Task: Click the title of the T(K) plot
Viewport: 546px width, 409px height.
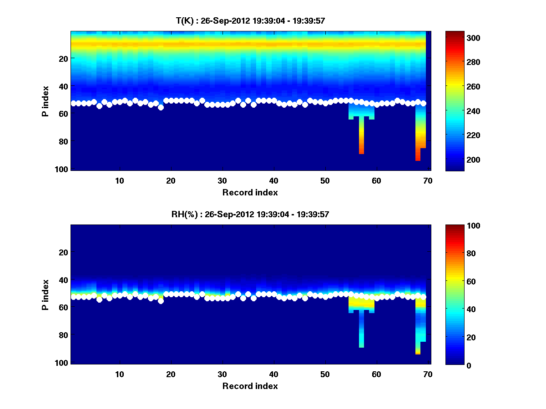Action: (250, 20)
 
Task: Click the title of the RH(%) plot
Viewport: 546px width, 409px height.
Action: (250, 214)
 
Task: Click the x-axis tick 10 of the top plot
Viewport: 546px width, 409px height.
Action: (119, 180)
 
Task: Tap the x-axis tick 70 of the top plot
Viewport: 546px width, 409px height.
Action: (428, 180)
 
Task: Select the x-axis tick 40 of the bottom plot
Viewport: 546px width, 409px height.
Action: (273, 374)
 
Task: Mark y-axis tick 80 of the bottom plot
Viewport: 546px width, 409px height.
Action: (63, 335)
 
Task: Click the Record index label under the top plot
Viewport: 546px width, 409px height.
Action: (250, 192)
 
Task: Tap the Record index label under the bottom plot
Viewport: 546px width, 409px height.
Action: (250, 386)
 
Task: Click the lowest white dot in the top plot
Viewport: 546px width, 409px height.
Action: (161, 107)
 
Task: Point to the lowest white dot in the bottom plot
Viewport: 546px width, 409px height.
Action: (161, 301)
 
